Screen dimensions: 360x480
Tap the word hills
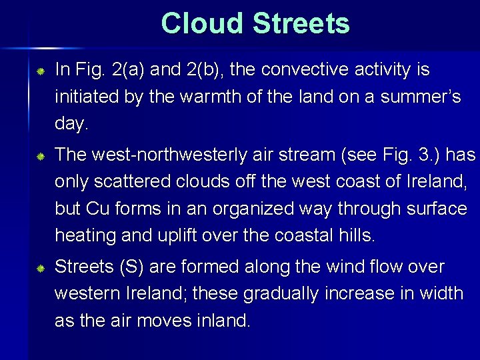357,235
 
